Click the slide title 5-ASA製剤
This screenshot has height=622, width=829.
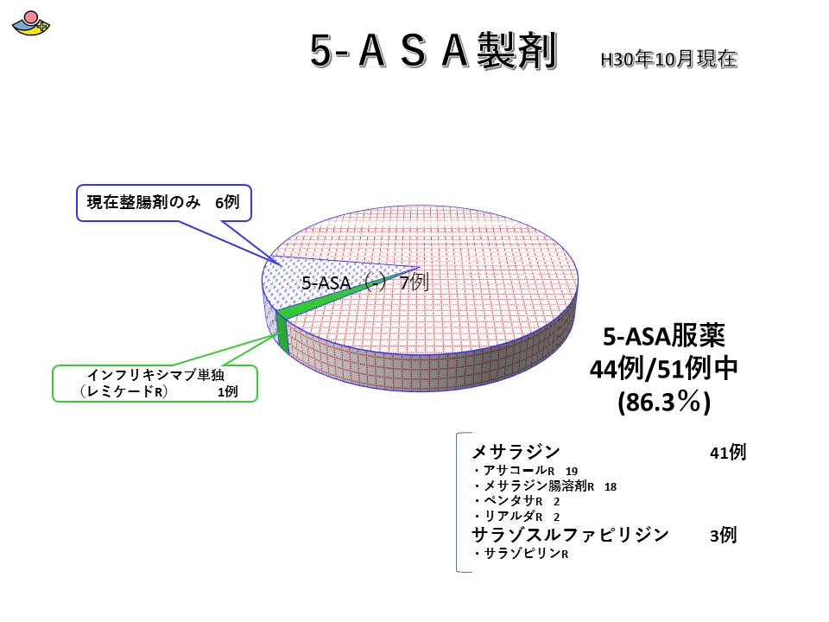tap(433, 50)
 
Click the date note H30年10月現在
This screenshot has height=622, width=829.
tap(668, 59)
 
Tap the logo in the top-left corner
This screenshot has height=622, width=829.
tap(31, 23)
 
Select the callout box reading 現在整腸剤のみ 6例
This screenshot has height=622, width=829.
tap(164, 202)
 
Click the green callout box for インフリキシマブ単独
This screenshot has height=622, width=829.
tap(155, 384)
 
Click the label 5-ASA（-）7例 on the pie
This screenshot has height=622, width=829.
tap(364, 282)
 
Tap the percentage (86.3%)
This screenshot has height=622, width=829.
tap(664, 402)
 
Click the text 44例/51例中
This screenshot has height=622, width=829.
tap(663, 369)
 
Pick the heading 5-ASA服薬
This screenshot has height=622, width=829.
tap(664, 335)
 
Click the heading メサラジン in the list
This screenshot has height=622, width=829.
tap(516, 452)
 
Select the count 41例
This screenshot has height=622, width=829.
tap(728, 452)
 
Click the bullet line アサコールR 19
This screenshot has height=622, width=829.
tap(525, 470)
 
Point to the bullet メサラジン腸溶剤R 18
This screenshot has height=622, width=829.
tap(545, 486)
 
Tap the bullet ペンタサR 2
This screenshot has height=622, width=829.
tap(516, 501)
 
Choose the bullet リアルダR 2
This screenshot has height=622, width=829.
tap(516, 517)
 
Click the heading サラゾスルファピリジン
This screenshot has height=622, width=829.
tap(571, 535)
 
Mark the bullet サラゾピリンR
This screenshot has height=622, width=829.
tap(521, 553)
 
